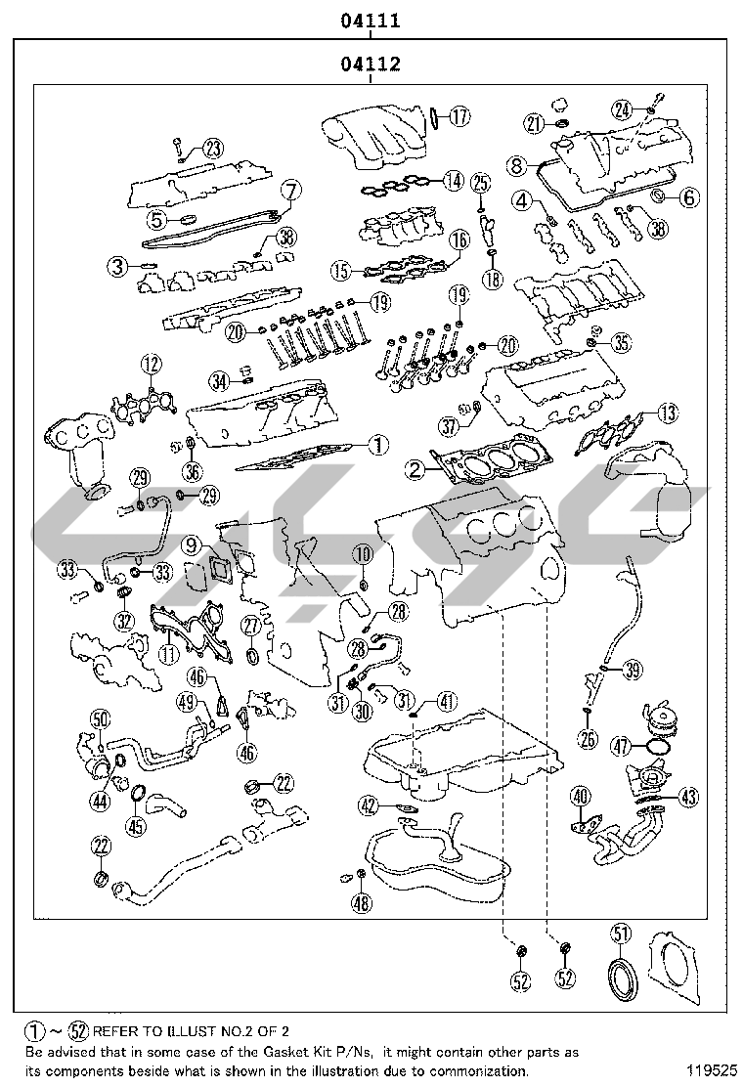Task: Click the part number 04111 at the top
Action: [371, 20]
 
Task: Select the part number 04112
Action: [371, 65]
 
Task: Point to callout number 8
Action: [517, 166]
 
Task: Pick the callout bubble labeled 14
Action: [452, 180]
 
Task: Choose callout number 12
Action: [149, 365]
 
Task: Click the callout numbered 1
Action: [378, 445]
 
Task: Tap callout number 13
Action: [666, 413]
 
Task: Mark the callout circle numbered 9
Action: [190, 544]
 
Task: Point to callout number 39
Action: [633, 670]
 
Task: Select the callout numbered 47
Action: [620, 746]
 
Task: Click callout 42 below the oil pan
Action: [368, 805]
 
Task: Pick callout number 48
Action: [362, 903]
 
